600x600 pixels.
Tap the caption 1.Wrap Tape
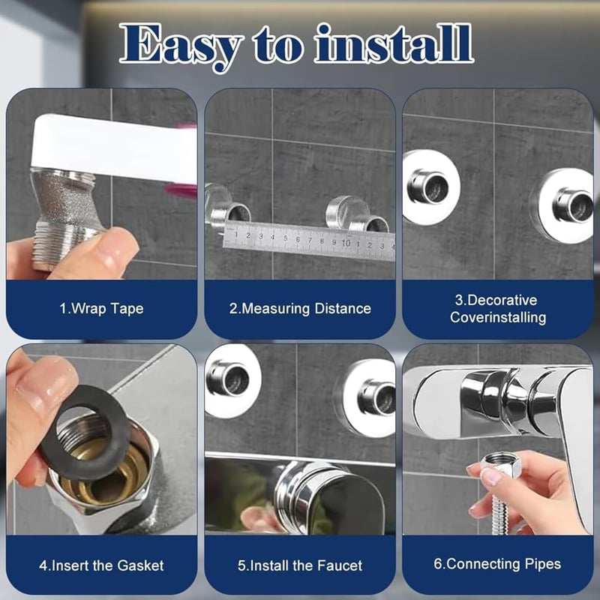point(101,308)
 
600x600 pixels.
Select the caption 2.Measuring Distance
point(300,308)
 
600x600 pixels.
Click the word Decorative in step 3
point(496,300)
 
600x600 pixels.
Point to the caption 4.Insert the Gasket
point(101,565)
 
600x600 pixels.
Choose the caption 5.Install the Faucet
point(300,565)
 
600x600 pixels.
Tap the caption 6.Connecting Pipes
point(497,564)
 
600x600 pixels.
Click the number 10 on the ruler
point(346,242)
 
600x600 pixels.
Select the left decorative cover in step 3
point(430,187)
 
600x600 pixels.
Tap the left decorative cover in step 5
point(232,381)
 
